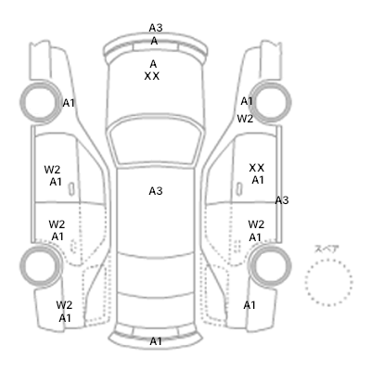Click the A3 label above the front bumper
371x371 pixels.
click(x=156, y=28)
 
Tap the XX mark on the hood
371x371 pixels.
click(x=152, y=76)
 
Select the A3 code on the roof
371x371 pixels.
click(x=156, y=191)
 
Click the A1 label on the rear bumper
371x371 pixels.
click(x=156, y=341)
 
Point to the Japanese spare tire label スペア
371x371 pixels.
click(x=326, y=249)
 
